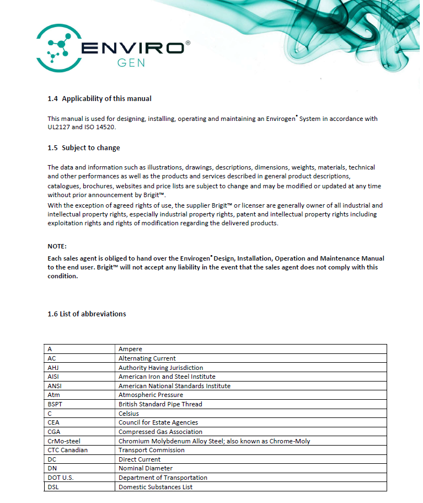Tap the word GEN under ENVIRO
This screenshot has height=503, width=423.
(131, 62)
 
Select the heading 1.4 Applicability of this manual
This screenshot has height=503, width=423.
(99, 99)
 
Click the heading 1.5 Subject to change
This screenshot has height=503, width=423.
(84, 148)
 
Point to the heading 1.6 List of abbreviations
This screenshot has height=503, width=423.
(87, 314)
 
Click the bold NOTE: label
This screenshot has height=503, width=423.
(57, 246)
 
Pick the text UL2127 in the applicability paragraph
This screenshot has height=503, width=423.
(60, 127)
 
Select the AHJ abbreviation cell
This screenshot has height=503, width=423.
(53, 368)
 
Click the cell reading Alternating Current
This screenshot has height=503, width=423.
(147, 358)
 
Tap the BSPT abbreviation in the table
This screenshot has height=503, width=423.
(56, 404)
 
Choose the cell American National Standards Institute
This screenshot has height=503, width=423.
(174, 386)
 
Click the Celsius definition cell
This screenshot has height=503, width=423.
(128, 414)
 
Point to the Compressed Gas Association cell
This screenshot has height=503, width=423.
(160, 432)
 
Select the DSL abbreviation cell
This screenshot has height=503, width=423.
(53, 487)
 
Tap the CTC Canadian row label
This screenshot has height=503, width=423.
(67, 450)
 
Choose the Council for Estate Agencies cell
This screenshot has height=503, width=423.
(158, 422)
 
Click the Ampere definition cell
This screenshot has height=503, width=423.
(130, 349)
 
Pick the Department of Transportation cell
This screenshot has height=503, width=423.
(163, 478)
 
